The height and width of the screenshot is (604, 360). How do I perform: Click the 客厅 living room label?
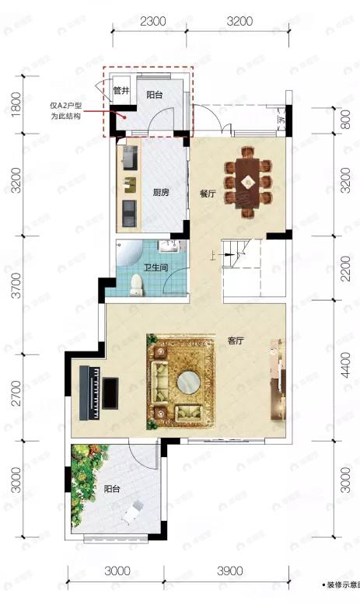(x=236, y=340)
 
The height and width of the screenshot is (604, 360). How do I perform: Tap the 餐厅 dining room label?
(x=207, y=194)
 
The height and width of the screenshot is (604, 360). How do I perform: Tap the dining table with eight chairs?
(x=248, y=186)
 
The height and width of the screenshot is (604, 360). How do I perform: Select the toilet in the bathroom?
(x=138, y=286)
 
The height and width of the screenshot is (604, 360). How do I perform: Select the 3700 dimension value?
(x=12, y=295)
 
